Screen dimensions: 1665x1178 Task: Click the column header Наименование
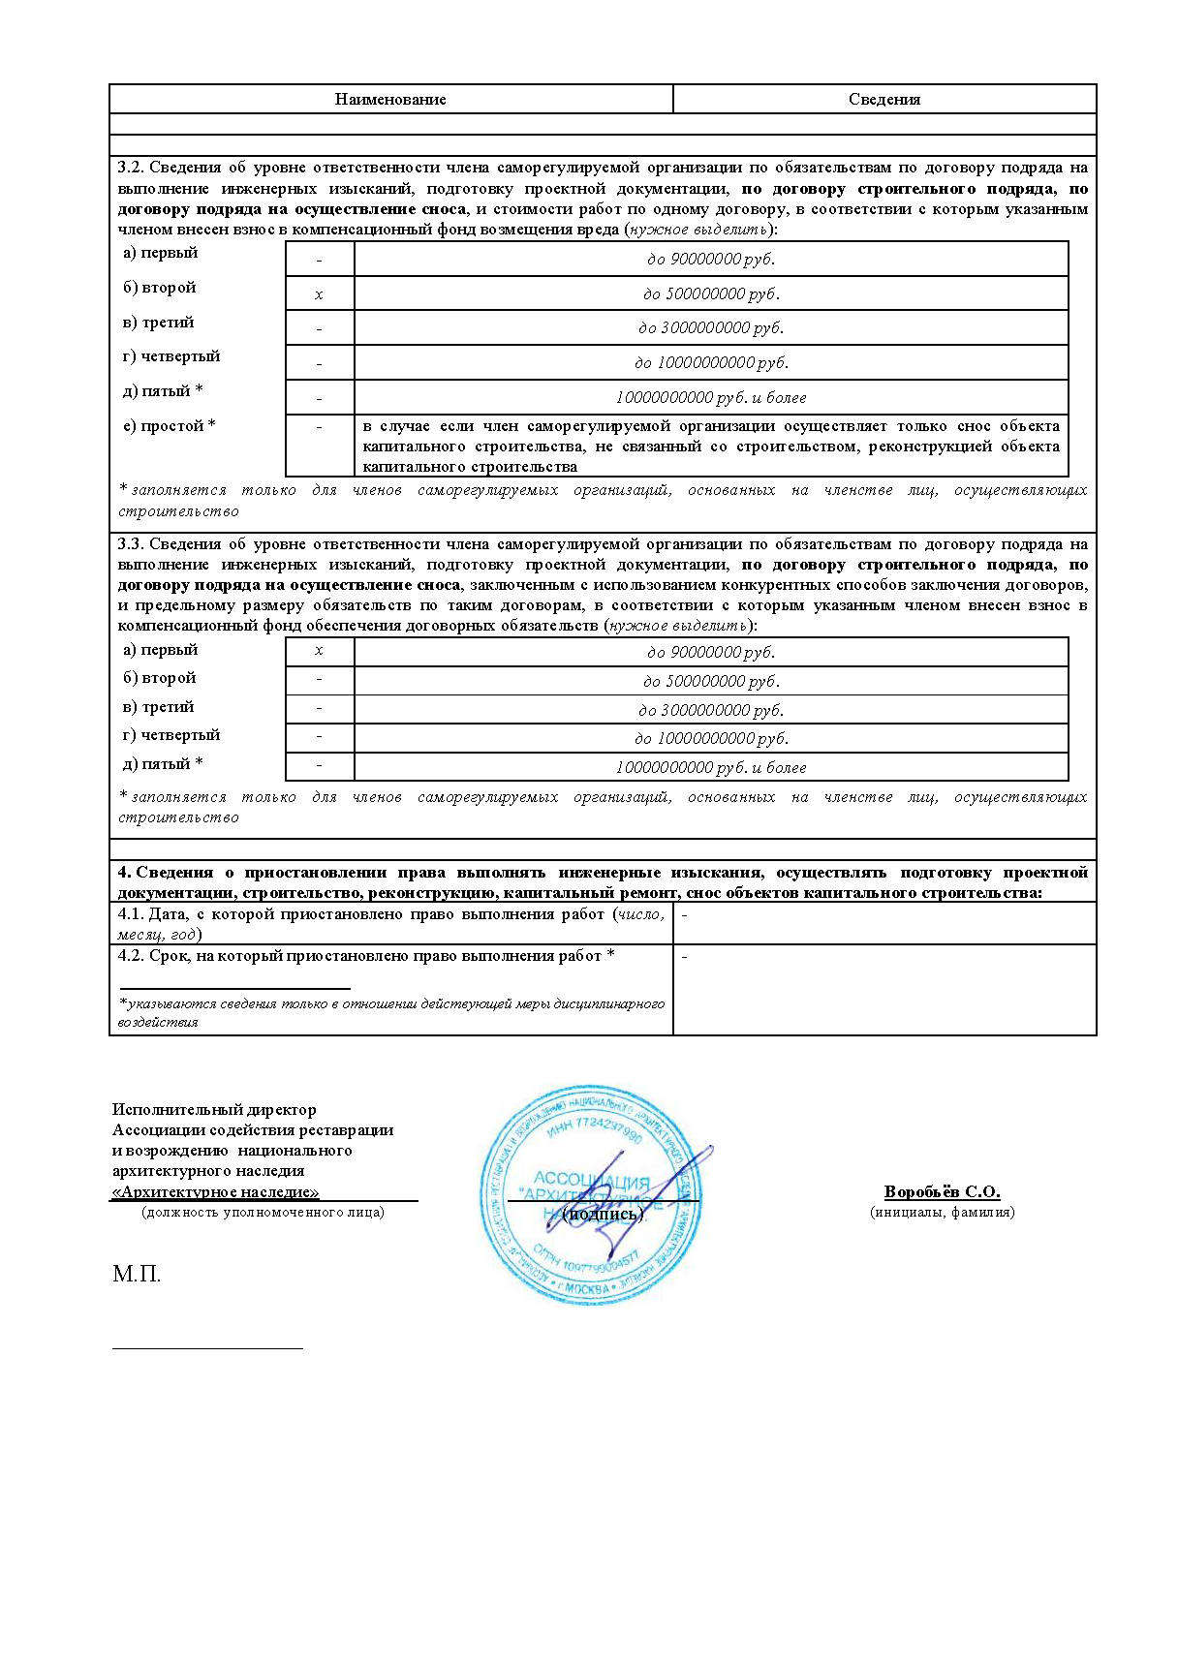point(390,100)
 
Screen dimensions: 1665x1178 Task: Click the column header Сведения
point(883,100)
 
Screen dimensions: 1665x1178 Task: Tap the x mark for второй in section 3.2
point(319,294)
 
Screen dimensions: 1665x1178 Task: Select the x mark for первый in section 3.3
point(319,651)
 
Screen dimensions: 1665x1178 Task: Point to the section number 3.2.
point(131,168)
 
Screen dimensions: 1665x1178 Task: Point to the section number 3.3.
point(131,544)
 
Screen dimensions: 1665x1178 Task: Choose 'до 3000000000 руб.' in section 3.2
point(710,328)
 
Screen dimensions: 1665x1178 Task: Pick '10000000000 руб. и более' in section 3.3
point(710,768)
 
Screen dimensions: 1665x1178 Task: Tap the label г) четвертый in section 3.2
point(171,356)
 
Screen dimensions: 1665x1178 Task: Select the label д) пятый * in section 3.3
point(163,764)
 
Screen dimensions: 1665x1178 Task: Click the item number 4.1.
point(131,914)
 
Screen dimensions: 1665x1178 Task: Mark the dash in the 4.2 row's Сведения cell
point(685,957)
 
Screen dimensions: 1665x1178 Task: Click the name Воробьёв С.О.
point(942,1192)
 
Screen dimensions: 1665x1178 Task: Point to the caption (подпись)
point(603,1215)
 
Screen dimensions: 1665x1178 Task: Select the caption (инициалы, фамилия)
point(942,1212)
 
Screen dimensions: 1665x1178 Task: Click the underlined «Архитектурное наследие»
point(216,1192)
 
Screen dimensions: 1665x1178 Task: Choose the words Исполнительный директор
point(214,1110)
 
